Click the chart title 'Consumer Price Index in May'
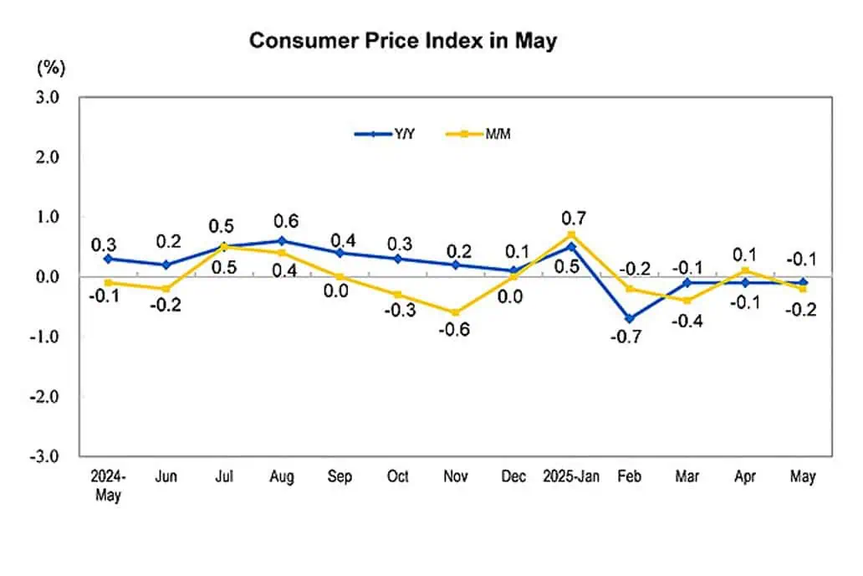tap(403, 41)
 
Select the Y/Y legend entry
tap(385, 134)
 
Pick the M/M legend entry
tap(477, 134)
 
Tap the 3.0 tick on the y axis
tap(48, 97)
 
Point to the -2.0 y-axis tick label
tap(44, 396)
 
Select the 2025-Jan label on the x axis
tap(571, 476)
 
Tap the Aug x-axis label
tap(282, 476)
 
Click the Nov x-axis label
tap(456, 476)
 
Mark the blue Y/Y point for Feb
tap(630, 319)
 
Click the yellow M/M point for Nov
tap(456, 312)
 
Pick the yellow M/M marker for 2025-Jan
tap(571, 234)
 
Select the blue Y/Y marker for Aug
tap(282, 241)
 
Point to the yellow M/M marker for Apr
tap(745, 270)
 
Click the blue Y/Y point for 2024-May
tap(108, 259)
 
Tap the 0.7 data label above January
tap(574, 219)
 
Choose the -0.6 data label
tap(454, 330)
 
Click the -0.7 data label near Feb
tap(626, 337)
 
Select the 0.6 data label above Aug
tap(286, 221)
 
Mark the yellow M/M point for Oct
tap(398, 295)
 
